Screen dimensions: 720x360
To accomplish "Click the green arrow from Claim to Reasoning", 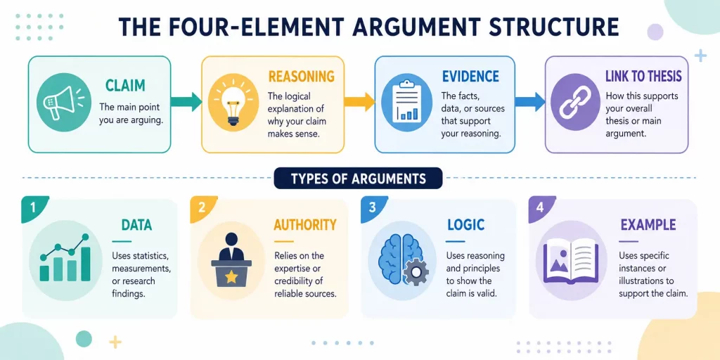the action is (x=186, y=101).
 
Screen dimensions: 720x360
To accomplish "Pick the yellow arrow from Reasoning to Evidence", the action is (x=359, y=101).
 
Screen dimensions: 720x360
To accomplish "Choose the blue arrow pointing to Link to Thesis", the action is (x=529, y=101).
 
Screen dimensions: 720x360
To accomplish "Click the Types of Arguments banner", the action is (x=358, y=178).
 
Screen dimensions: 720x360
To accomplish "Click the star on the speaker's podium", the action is (x=231, y=276).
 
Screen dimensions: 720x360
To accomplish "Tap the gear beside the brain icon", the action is (x=416, y=271).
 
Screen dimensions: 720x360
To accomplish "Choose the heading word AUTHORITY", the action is (x=305, y=225).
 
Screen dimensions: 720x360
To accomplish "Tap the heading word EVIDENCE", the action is (x=470, y=76).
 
